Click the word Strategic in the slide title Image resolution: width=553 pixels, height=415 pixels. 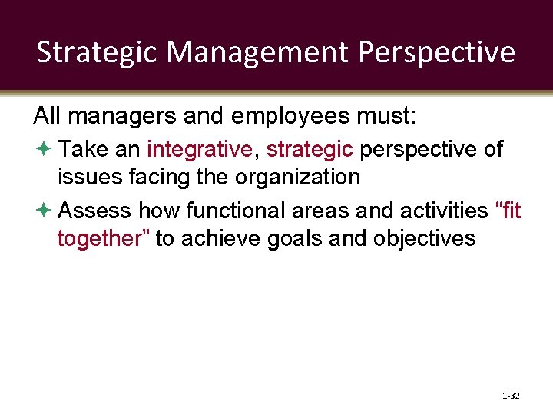[98, 52]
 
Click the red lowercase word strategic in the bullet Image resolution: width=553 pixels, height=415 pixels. [309, 148]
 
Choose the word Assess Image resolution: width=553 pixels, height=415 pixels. [95, 209]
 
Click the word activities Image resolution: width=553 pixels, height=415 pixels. [445, 209]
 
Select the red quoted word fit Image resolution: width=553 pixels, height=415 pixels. [508, 209]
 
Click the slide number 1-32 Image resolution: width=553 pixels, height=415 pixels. [510, 396]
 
